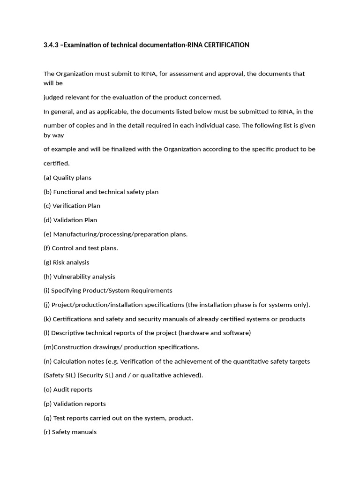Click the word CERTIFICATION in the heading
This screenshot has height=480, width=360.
pos(227,45)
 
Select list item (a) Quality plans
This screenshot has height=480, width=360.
pos(67,178)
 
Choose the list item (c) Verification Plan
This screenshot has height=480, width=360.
pos(72,206)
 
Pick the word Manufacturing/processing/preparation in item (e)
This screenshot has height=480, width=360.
pos(107,234)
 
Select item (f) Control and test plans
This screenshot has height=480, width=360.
pos(81,248)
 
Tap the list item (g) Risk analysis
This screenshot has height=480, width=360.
pos(66,262)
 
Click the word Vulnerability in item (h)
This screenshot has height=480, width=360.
pos(72,277)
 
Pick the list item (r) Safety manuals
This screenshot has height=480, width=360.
pos(70,432)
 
